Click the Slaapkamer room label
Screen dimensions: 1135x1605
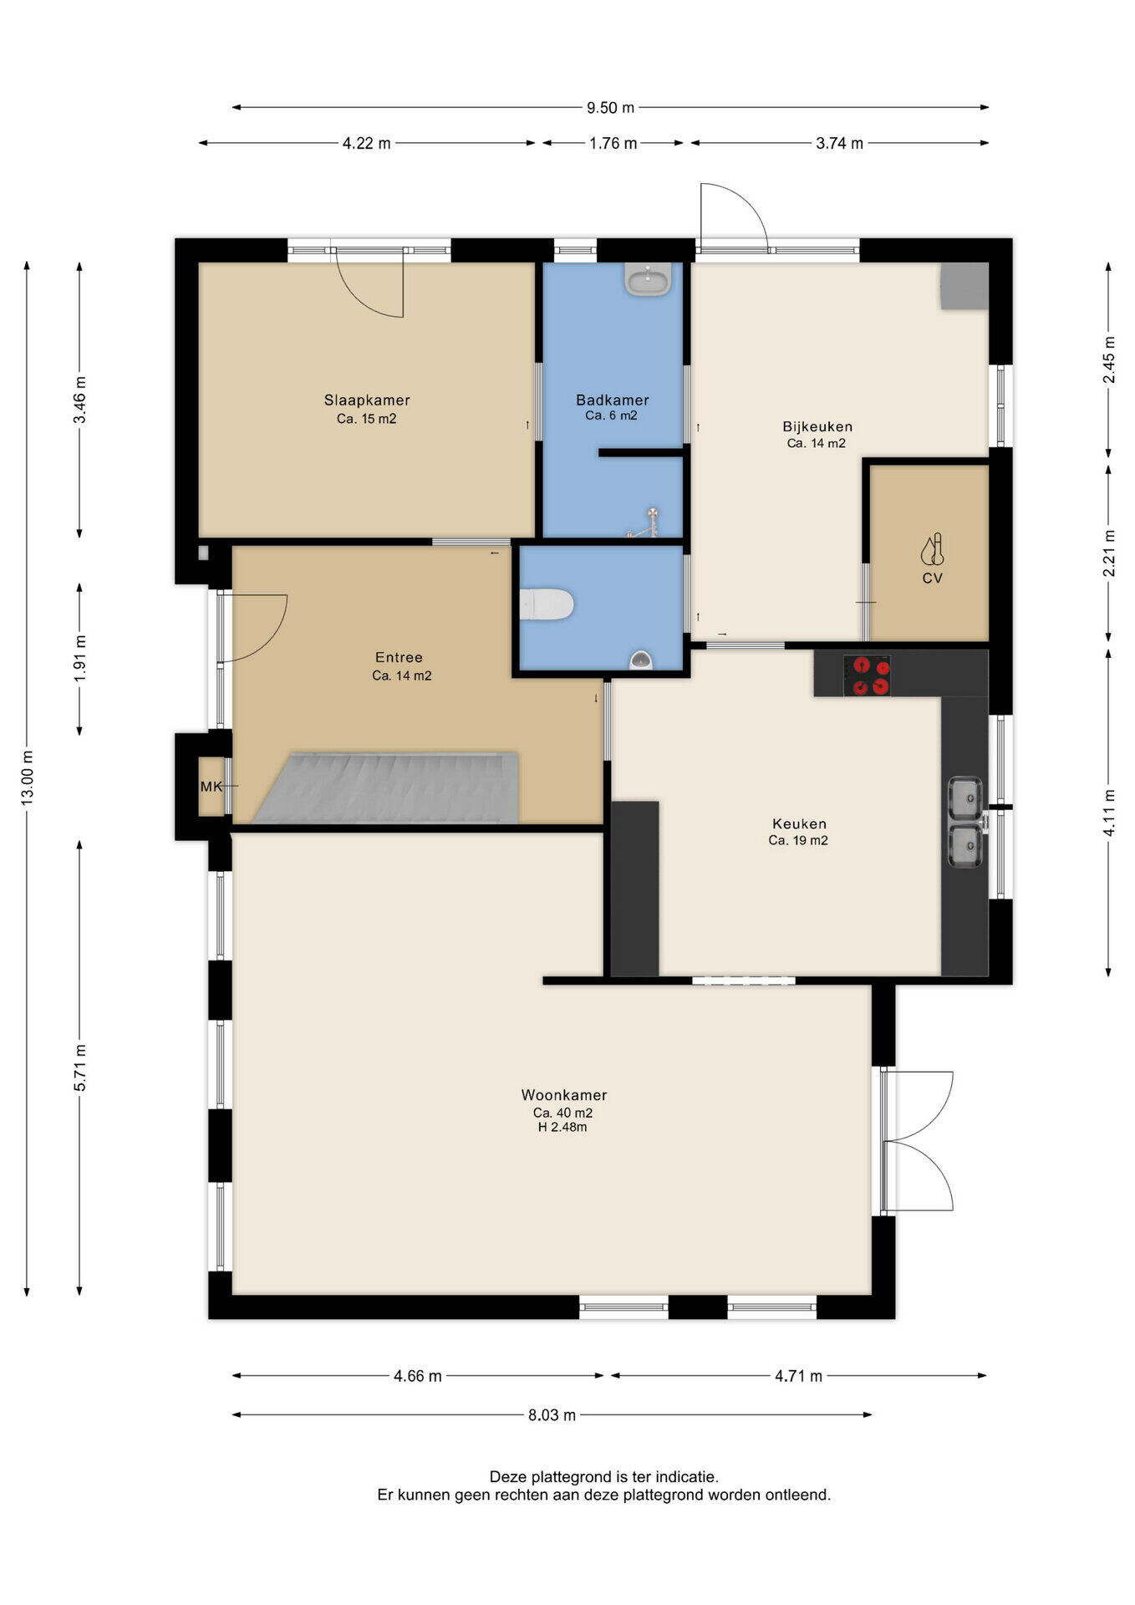[367, 400]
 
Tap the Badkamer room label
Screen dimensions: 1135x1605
[613, 400]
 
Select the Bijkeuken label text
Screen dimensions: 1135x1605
[817, 427]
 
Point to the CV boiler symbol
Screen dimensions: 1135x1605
[933, 549]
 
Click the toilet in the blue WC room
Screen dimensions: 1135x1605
[547, 604]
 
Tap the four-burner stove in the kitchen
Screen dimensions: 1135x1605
[867, 675]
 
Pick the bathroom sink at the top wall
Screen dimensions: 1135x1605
[648, 279]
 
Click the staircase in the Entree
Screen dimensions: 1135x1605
[386, 788]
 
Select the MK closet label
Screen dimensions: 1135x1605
[211, 787]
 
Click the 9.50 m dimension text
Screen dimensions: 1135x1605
[610, 107]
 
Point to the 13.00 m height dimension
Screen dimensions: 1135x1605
[28, 778]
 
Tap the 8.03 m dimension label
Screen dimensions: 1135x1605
[552, 1415]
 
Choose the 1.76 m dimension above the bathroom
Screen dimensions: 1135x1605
[613, 143]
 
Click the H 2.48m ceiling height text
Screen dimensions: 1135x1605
[562, 1127]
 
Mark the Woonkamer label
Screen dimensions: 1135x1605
[564, 1095]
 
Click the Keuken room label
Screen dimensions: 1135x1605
[799, 824]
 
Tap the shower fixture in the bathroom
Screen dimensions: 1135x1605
[646, 522]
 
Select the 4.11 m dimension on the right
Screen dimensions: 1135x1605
[1109, 813]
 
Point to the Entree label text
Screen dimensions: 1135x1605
[399, 658]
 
